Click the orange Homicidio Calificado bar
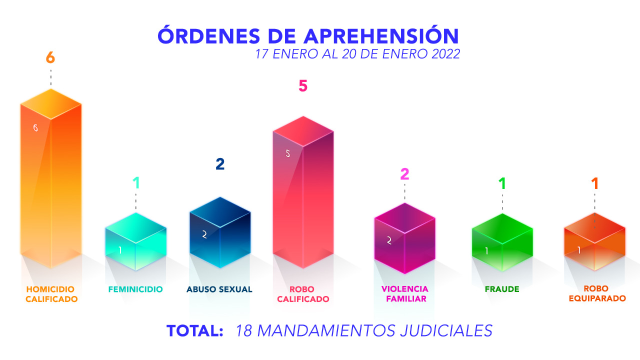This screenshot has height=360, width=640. [x=50, y=180]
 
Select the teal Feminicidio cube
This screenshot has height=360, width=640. [x=135, y=242]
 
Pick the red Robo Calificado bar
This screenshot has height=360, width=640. [x=303, y=195]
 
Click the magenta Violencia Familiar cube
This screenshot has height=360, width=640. [x=404, y=239]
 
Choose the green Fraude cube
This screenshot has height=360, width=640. [x=502, y=243]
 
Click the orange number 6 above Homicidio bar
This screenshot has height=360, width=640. [x=50, y=58]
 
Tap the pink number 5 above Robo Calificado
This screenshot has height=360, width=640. [x=303, y=86]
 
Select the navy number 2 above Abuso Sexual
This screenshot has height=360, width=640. [x=220, y=164]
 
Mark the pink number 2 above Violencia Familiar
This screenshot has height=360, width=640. [x=404, y=174]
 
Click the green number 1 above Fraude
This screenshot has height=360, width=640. [x=502, y=184]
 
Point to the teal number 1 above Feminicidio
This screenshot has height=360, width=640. [x=135, y=183]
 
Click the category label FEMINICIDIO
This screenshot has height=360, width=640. [x=135, y=289]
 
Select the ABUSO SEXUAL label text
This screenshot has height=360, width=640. [x=219, y=289]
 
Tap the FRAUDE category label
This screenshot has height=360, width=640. [x=502, y=289]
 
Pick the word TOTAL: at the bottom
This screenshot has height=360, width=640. [x=194, y=331]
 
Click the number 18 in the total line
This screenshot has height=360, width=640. [x=244, y=331]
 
